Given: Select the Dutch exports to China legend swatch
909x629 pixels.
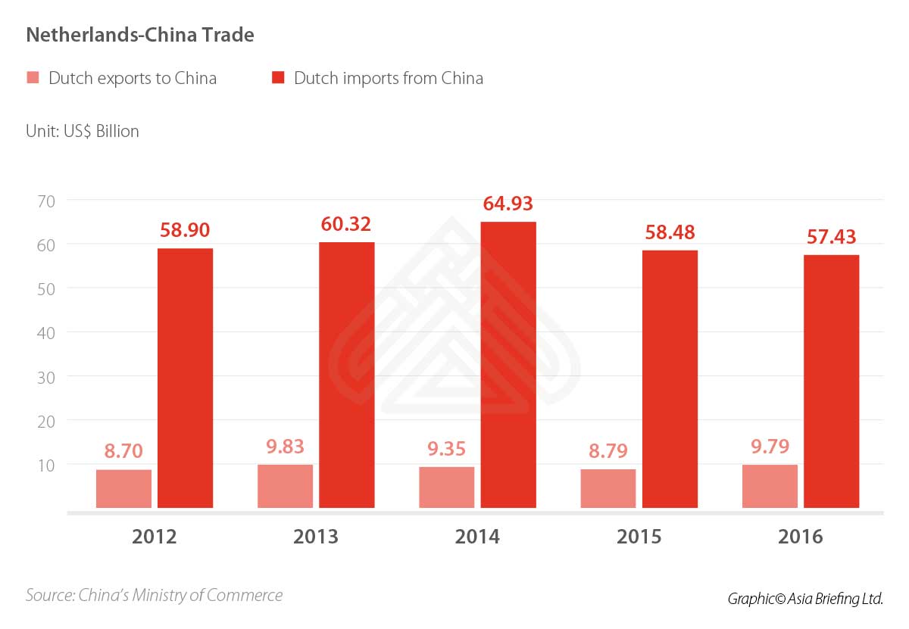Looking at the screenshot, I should (33, 78).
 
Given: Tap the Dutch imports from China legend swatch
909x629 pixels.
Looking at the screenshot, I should (278, 78).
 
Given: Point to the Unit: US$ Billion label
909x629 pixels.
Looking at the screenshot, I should (82, 131).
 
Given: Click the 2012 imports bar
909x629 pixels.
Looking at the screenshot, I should (185, 378).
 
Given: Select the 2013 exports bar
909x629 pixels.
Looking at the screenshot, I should (285, 486).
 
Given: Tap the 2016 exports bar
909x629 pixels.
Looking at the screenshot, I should (770, 486).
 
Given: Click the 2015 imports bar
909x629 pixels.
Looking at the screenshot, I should (670, 378).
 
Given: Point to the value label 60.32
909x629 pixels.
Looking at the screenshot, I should (346, 225).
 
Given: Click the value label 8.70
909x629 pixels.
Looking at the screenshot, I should (124, 453).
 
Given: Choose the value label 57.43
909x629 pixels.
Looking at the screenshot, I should (831, 237).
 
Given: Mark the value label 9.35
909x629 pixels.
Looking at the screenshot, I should (447, 450).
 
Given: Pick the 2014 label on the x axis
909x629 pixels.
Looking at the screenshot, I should (477, 537).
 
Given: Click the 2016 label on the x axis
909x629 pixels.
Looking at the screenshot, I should (800, 537).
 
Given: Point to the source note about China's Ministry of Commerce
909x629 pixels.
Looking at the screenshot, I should (154, 595).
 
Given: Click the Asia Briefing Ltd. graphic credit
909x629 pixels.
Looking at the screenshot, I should (805, 598).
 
